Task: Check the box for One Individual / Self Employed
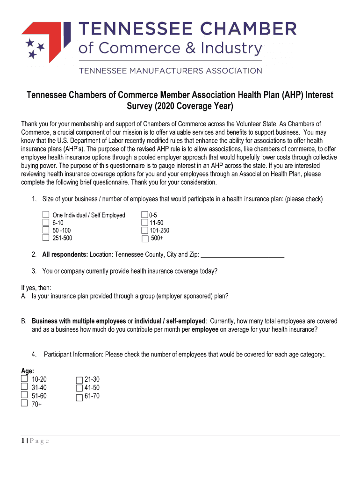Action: tap(46, 215)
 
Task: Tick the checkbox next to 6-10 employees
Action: tap(46, 222)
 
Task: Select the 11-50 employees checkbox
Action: tap(144, 223)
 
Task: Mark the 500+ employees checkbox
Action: tap(144, 239)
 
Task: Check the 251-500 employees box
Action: tap(46, 238)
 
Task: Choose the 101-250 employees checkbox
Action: tap(144, 230)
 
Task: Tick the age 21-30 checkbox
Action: tap(79, 380)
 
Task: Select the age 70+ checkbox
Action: tap(24, 403)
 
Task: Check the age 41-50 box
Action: tap(79, 388)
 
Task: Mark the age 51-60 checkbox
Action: tap(24, 395)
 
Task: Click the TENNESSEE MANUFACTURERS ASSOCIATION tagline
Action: tap(170, 71)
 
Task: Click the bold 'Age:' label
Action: tap(28, 371)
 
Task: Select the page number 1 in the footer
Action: tap(23, 441)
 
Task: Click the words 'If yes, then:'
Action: tap(36, 288)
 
